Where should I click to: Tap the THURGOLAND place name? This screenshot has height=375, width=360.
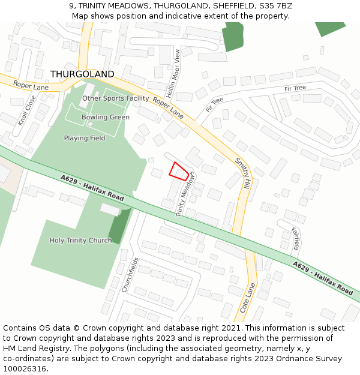point(82,74)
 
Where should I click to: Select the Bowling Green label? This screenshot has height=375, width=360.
point(106,118)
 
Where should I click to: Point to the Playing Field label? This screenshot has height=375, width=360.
point(85,139)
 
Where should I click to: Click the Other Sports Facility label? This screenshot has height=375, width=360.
point(116,98)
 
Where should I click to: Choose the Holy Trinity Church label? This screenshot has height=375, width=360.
point(80,241)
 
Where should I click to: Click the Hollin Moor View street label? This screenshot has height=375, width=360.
point(177,73)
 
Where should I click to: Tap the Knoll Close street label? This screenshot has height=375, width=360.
point(28,110)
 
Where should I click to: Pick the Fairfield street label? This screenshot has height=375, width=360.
point(295,238)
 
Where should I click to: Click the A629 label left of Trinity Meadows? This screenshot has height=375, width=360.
point(92,188)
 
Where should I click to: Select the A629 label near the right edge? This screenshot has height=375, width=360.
point(323,277)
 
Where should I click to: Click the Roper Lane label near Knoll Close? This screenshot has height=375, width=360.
point(31,86)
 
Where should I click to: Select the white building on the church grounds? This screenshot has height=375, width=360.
point(110,209)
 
